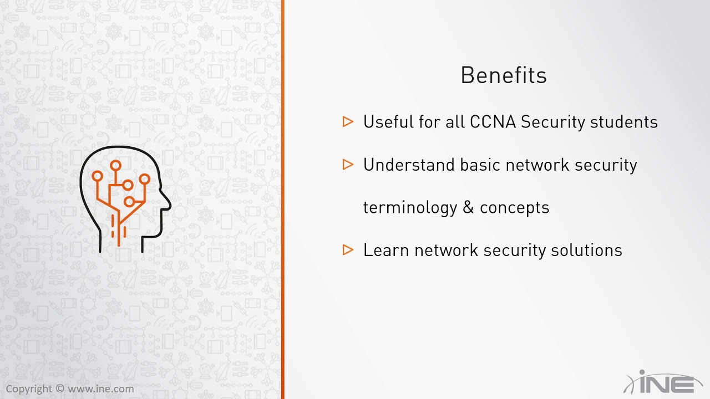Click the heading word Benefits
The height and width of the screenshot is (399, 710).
504,75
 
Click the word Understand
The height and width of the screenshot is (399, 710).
409,165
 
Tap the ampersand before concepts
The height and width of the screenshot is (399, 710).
468,208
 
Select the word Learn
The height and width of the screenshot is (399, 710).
386,250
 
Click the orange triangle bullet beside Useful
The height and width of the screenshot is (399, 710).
348,121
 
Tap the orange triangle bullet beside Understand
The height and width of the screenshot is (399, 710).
348,164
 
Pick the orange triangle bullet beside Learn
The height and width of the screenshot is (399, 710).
348,250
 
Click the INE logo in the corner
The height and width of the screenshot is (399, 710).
663,383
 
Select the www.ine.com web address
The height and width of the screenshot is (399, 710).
100,389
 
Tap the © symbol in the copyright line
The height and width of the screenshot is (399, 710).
59,389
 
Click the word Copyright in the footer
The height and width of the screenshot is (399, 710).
29,389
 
